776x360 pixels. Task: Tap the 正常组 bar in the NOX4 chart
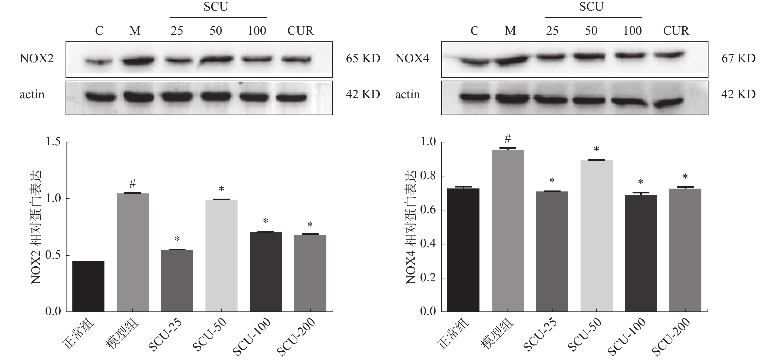point(463,250)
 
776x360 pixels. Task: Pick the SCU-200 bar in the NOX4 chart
point(685,250)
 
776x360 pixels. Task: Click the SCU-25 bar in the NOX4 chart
point(552,252)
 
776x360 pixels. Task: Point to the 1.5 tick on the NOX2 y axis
point(53,142)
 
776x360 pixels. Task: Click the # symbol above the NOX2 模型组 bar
point(133,183)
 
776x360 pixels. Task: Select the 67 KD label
point(738,58)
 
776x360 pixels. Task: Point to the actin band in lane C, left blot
point(101,97)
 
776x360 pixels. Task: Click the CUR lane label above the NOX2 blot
point(300,31)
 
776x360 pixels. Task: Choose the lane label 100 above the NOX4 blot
point(632,31)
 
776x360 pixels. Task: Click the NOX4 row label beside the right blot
point(412,58)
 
